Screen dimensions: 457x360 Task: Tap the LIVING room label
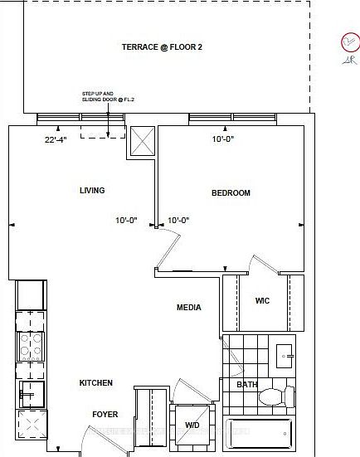click(92, 191)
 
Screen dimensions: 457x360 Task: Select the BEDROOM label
click(231, 193)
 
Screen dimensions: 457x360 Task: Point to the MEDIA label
click(189, 308)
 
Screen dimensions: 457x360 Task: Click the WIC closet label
click(262, 301)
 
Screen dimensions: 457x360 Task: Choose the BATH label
click(246, 385)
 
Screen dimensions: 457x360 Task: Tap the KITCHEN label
click(95, 383)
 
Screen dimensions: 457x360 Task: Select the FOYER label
click(105, 415)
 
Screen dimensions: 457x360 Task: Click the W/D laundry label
click(192, 425)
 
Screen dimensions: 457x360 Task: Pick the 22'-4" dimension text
click(56, 140)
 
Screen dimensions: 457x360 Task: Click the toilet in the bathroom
click(277, 396)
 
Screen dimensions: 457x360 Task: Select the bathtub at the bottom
click(259, 433)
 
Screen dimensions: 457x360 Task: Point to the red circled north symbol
click(349, 43)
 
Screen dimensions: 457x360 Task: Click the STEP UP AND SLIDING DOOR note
click(102, 96)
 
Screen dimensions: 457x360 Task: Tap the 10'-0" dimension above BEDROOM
click(223, 140)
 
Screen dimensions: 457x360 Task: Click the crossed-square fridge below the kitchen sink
click(31, 425)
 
